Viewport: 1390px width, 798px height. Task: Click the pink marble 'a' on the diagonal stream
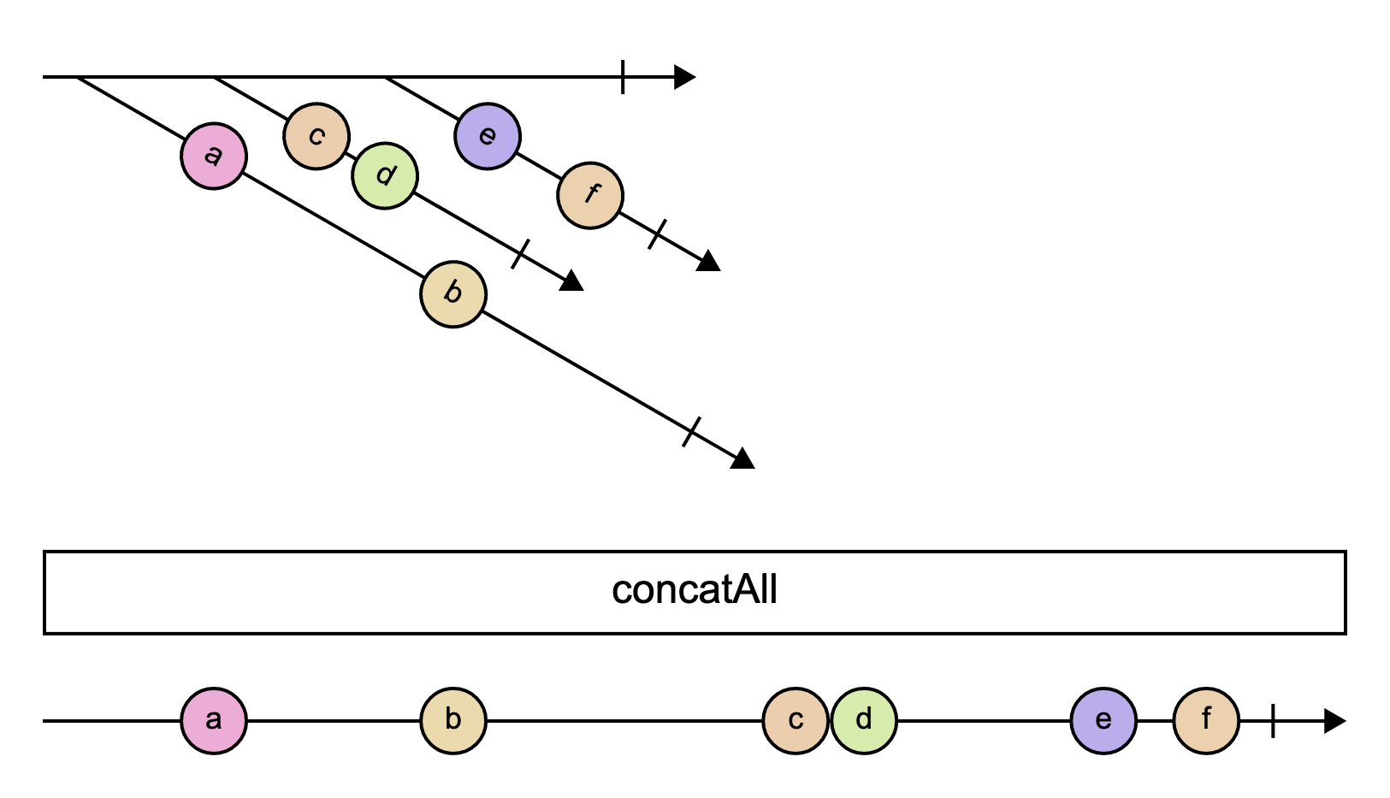tap(214, 157)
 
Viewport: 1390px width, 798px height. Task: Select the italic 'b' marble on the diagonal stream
tap(453, 294)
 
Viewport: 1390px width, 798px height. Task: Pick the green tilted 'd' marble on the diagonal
tap(385, 176)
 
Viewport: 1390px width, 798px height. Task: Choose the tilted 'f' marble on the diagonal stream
tap(590, 196)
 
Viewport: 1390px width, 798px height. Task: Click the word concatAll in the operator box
tap(695, 591)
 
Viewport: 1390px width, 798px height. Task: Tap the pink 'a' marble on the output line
tap(214, 721)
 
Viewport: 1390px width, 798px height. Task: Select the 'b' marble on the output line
tap(453, 721)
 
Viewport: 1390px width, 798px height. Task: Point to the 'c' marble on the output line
tap(796, 721)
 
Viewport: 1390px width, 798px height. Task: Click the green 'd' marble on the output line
tap(864, 721)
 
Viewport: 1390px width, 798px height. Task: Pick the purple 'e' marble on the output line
tap(1103, 721)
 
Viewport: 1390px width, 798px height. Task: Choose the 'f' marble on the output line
tap(1206, 721)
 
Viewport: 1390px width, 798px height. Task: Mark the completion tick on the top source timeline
tap(623, 77)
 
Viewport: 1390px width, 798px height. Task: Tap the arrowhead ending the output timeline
tap(1334, 721)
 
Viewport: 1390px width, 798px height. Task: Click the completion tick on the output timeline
tap(1273, 721)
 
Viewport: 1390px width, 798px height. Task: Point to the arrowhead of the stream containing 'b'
tap(742, 459)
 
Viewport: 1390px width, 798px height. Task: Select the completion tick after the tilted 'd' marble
tap(520, 254)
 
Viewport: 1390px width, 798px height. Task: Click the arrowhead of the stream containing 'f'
tap(708, 262)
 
